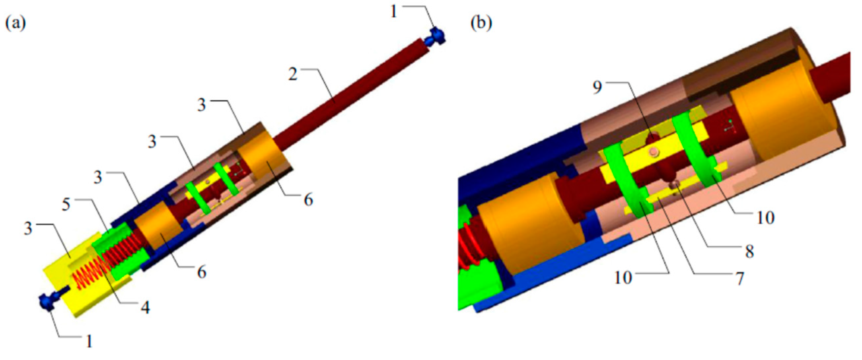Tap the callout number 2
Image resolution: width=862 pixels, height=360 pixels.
tap(293, 74)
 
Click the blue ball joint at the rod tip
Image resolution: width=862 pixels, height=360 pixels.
tap(435, 37)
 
